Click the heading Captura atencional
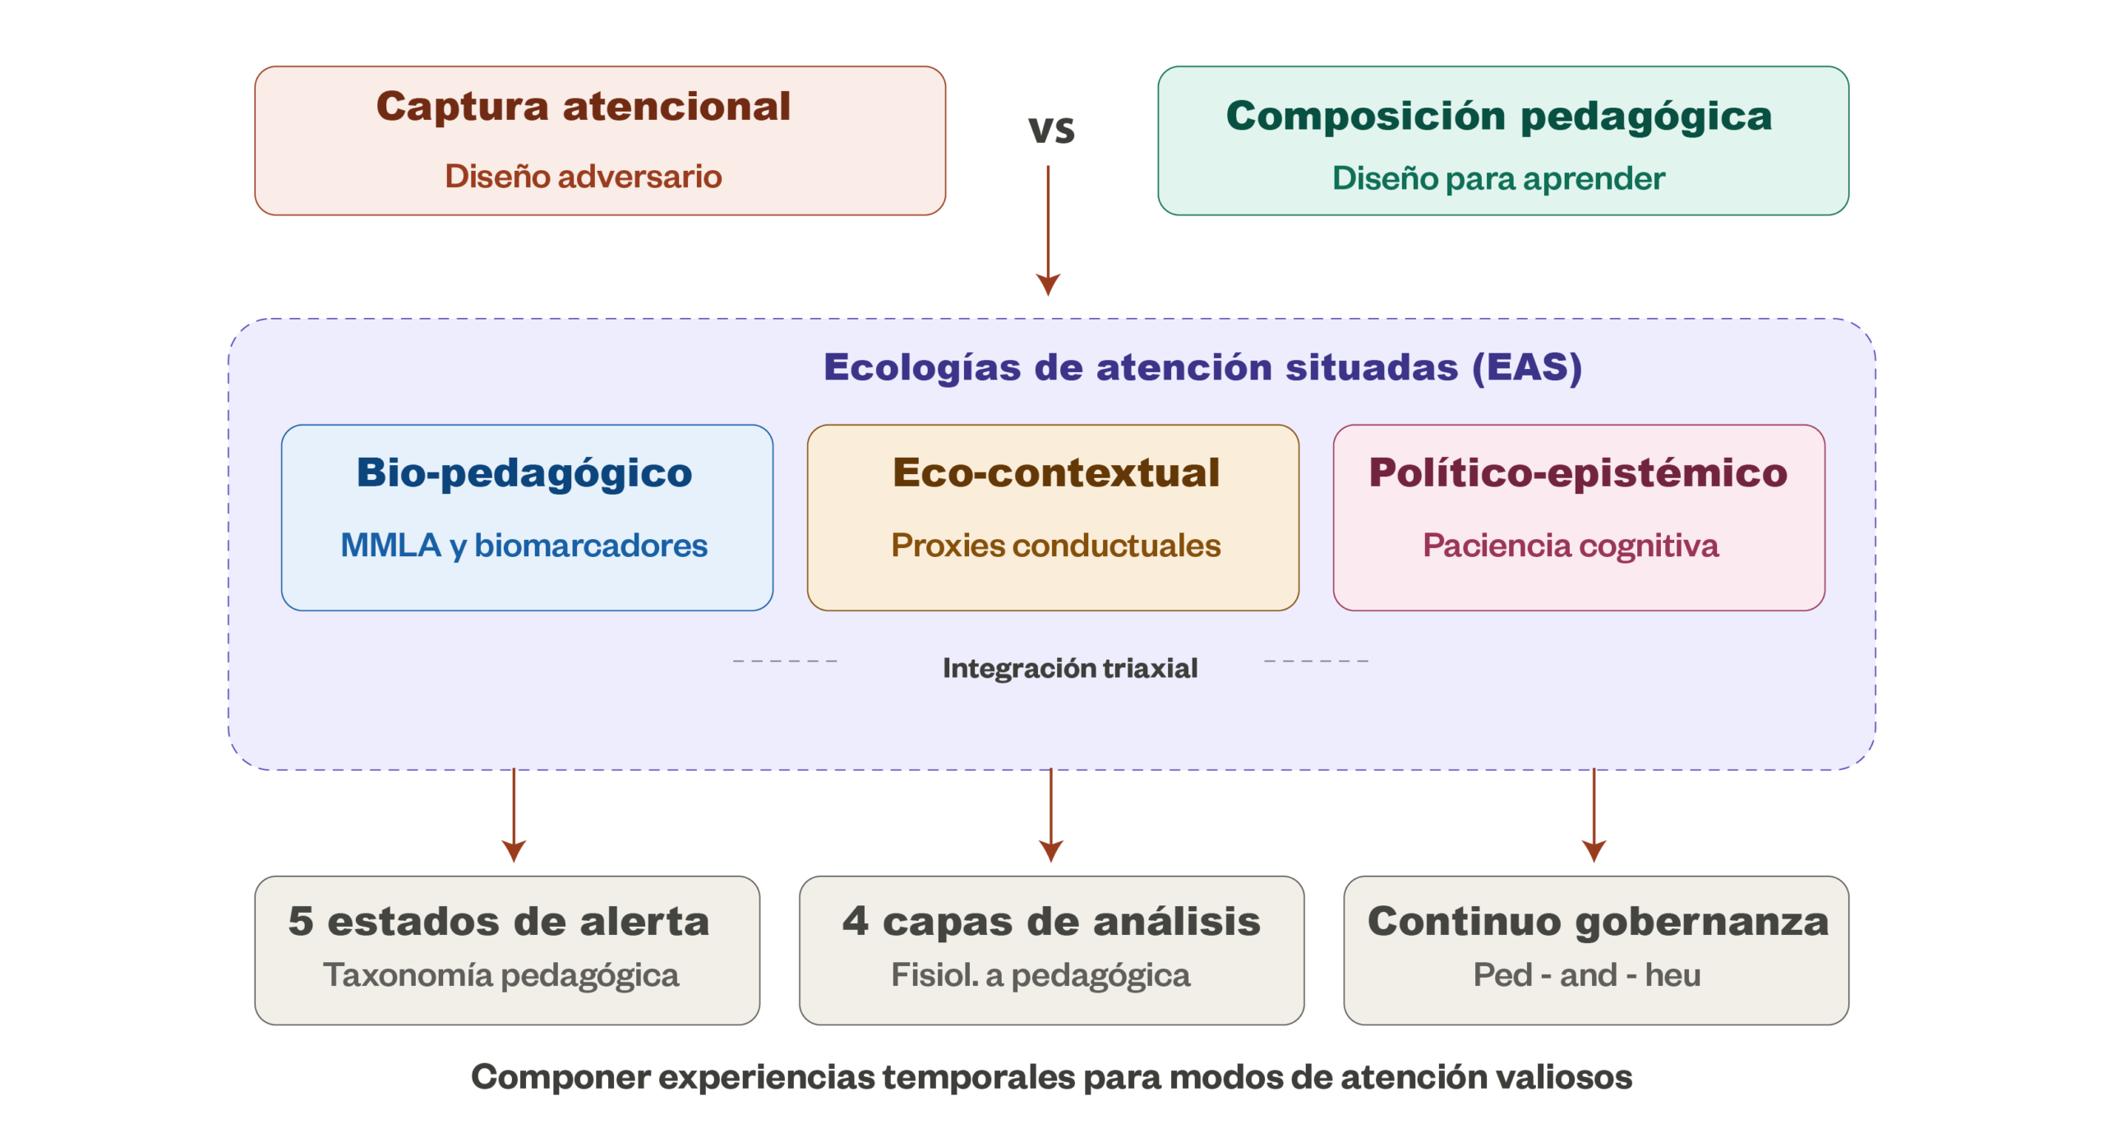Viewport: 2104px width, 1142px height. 584,108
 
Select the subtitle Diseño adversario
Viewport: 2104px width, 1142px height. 584,177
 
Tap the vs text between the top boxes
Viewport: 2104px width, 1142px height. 1051,130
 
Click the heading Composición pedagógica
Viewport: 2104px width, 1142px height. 1498,117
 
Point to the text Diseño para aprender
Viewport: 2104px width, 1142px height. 1498,178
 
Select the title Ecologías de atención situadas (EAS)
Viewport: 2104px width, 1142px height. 1202,367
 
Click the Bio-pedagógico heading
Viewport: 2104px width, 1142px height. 524,473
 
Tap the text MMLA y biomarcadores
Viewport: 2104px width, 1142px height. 524,546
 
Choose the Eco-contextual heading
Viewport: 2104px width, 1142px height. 1056,473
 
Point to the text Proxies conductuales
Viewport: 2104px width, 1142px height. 1056,546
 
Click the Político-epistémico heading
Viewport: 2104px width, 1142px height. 1578,473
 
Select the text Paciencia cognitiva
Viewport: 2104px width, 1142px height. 1571,546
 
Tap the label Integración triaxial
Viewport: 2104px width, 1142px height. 1070,668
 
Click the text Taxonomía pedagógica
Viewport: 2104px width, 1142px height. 501,975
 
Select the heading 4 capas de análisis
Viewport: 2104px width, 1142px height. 1051,921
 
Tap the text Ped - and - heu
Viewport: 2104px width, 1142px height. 1587,975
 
